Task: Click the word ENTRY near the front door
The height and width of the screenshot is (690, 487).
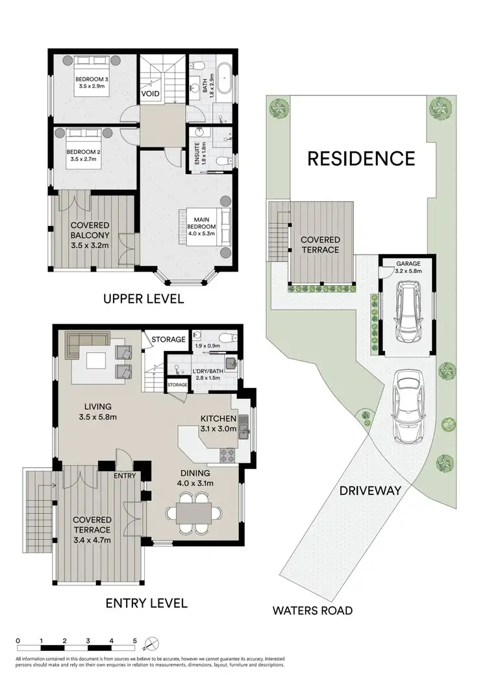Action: point(125,476)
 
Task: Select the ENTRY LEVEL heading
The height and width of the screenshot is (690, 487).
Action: point(147,603)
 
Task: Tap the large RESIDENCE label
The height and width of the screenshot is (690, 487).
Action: point(361,158)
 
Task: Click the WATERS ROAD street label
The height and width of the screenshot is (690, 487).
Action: point(312,611)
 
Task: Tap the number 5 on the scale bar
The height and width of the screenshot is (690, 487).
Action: point(135,641)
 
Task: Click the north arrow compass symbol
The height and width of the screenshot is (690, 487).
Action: point(150,645)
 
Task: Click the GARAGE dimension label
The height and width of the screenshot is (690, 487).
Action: point(409,268)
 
